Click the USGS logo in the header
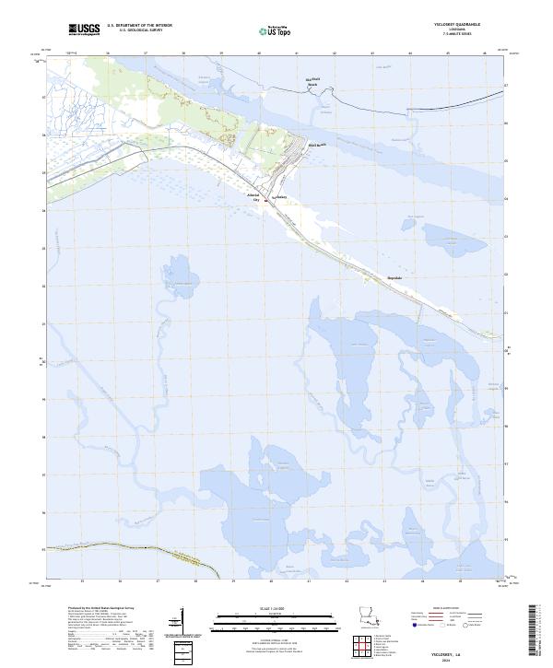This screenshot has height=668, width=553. point(86,30)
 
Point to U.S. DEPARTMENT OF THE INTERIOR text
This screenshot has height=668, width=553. point(139,27)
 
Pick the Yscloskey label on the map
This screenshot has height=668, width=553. point(281,197)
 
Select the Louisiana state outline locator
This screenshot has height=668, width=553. point(369,615)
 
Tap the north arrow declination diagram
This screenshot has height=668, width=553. point(182,623)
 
